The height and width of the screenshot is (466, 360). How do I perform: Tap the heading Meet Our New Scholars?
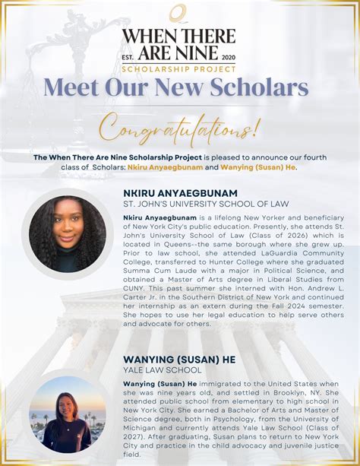click(180, 86)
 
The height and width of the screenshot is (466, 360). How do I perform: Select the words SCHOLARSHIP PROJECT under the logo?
click(180, 68)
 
